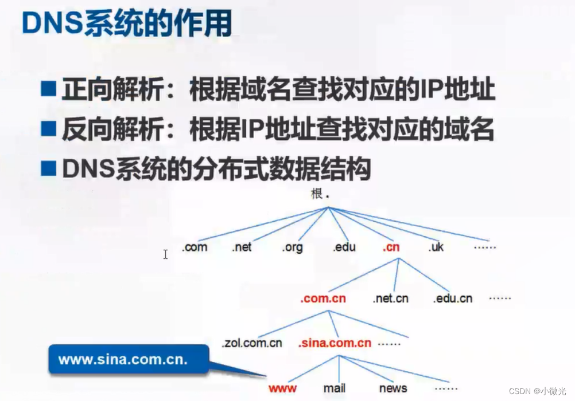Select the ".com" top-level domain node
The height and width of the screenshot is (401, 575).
(195, 247)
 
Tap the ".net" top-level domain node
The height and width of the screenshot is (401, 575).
(242, 247)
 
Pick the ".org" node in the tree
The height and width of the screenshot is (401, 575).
(292, 247)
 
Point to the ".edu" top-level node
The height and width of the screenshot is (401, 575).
(344, 247)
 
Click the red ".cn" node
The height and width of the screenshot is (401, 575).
(391, 247)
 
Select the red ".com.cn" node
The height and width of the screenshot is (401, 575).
(323, 298)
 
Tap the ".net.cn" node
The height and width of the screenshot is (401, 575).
(390, 298)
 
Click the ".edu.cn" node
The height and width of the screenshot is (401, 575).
(453, 298)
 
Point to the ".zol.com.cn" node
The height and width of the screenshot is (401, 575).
(252, 343)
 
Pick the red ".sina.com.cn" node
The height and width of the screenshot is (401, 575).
(335, 343)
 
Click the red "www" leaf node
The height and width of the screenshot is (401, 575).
(283, 388)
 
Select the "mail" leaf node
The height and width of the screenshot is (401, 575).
(334, 388)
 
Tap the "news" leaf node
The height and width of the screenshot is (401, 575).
(393, 388)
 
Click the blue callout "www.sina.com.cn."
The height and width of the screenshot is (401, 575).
(123, 360)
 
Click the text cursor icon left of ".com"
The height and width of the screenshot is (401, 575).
(165, 254)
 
